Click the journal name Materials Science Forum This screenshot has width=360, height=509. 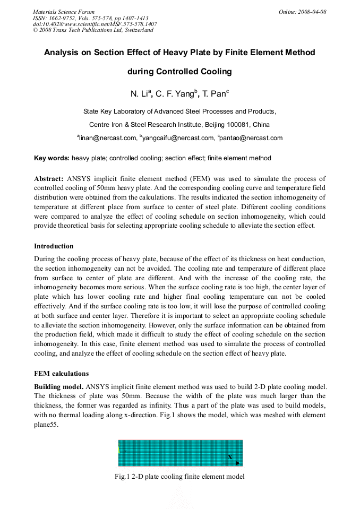click(64, 12)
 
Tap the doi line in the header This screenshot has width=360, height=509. click(95, 24)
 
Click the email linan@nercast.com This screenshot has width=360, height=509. click(107, 138)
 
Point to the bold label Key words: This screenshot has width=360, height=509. click(52, 158)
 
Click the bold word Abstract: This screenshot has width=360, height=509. click(49, 179)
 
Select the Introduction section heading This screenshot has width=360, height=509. click(54, 246)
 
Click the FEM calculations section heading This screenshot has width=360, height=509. click(61, 373)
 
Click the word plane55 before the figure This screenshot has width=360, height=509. click(46, 425)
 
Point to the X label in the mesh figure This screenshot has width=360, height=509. click(230, 457)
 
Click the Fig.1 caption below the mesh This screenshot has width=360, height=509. click(179, 477)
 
